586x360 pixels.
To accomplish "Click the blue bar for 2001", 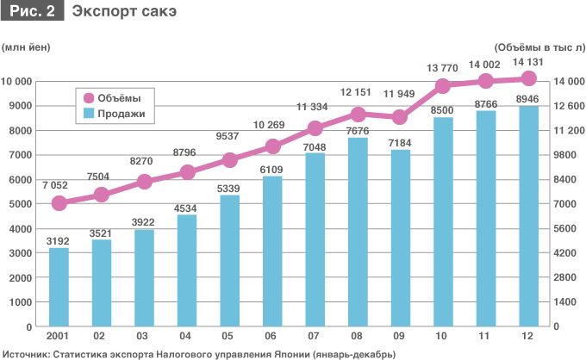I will (59, 287).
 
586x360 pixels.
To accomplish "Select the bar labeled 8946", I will (529, 216).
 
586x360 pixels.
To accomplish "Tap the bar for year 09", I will (401, 238).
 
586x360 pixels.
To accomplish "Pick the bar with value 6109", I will (272, 251).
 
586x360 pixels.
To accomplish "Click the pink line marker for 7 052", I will (59, 203).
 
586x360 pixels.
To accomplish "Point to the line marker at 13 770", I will (444, 85).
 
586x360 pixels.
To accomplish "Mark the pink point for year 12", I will (529, 78).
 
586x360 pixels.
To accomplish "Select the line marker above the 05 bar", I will (230, 160).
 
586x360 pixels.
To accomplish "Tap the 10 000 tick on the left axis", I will (17, 82).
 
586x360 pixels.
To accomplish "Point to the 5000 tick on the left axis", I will (21, 204).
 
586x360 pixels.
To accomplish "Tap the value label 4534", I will (187, 206).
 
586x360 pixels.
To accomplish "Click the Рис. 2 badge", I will (31, 12).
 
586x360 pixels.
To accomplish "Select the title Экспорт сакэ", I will (114, 12).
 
